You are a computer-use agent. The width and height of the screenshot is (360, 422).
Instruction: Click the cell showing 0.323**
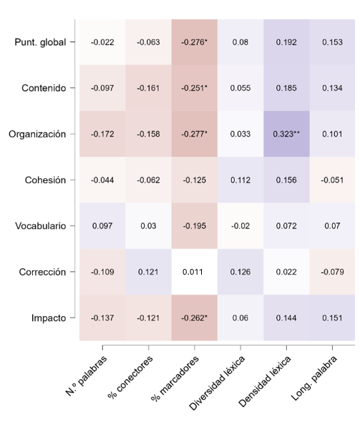(x=286, y=134)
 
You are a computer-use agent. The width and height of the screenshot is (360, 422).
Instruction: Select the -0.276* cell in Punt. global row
(x=194, y=42)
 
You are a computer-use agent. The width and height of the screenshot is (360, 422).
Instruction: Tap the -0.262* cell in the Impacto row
(x=194, y=318)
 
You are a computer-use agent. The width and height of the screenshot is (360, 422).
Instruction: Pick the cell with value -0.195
(x=194, y=226)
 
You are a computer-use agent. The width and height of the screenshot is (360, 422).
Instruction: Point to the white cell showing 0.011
(x=194, y=272)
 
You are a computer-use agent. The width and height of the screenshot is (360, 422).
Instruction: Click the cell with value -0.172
(x=102, y=134)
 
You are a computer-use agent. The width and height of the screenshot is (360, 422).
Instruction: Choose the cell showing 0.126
(x=240, y=272)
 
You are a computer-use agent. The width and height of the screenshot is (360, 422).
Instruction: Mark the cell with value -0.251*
(x=194, y=88)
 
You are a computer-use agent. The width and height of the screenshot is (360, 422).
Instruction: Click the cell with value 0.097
(x=102, y=226)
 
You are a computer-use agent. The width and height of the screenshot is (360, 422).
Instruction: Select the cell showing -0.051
(x=332, y=180)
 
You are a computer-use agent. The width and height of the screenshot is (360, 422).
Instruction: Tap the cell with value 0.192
(x=286, y=42)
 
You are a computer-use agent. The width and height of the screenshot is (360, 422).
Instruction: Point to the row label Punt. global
(x=40, y=42)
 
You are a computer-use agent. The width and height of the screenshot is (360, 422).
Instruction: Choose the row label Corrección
(x=42, y=272)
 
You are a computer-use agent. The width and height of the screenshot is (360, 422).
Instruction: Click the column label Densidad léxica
(x=265, y=379)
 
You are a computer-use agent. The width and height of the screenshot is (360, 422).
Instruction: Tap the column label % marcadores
(x=175, y=376)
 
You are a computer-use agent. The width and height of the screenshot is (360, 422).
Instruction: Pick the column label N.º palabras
(x=84, y=373)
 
